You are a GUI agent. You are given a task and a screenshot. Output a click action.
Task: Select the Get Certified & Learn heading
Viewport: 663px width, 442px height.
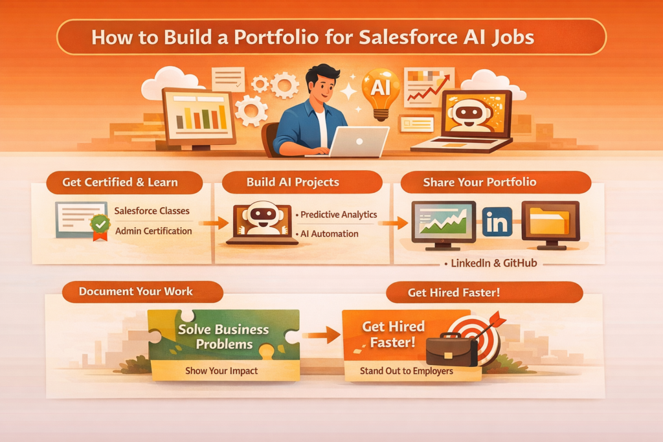tap(120, 182)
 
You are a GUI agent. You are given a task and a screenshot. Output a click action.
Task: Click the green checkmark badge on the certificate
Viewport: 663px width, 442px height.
tap(100, 225)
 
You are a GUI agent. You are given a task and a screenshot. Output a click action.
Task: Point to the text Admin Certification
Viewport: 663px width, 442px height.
tap(153, 231)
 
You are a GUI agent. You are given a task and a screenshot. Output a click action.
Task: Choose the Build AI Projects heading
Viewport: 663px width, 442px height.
tap(293, 182)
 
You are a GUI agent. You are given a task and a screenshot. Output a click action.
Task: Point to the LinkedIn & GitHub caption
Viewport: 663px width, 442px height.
tap(493, 263)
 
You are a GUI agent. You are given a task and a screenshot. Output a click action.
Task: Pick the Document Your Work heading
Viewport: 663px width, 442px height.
tap(136, 291)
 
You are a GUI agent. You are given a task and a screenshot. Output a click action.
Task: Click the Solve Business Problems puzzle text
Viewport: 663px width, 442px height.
tap(223, 336)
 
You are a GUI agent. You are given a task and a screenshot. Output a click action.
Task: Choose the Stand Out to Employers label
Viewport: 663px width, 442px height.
tap(407, 371)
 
